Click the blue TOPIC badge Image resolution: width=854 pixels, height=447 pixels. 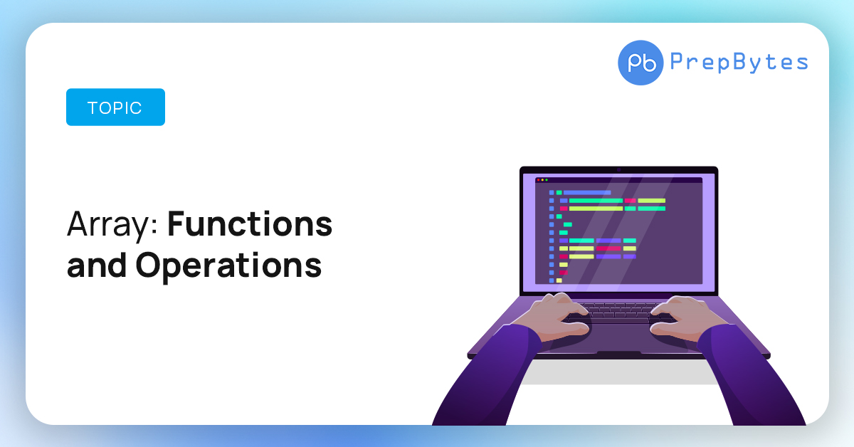[x=115, y=107]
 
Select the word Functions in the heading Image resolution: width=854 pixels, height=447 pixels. [x=250, y=224]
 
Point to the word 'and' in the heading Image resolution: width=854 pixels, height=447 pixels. [x=97, y=265]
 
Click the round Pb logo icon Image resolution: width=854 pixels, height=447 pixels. [x=640, y=63]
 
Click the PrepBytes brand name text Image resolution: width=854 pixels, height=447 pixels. [x=739, y=62]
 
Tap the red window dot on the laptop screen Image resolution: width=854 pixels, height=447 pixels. [x=538, y=180]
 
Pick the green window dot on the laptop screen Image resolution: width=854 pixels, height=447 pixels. [x=547, y=180]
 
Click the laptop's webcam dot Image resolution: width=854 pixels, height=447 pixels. [x=618, y=170]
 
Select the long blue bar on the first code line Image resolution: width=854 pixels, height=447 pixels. [x=587, y=193]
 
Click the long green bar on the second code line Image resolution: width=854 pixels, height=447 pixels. [x=596, y=201]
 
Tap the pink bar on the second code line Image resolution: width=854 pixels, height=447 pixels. [x=631, y=201]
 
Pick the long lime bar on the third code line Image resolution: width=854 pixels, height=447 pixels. [x=596, y=209]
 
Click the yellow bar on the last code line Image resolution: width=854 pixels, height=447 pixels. [x=559, y=280]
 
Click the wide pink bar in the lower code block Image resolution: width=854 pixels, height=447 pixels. [x=608, y=248]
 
